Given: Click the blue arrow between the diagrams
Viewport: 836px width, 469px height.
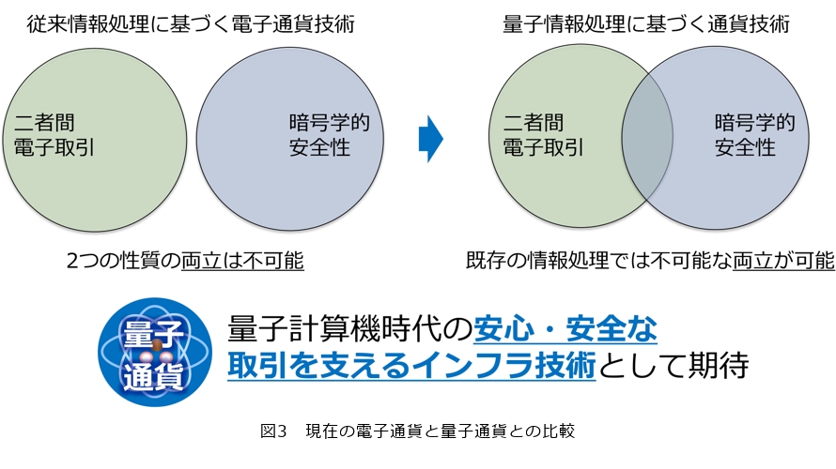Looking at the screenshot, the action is pos(431,139).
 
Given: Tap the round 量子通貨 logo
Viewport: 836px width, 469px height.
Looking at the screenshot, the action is pos(155,352).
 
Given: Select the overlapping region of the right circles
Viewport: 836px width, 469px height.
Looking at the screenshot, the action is pos(647,137).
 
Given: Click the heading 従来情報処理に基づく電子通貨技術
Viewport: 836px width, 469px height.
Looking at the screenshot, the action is pos(191,24).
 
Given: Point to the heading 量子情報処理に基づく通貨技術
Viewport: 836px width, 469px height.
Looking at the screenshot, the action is pos(646,24).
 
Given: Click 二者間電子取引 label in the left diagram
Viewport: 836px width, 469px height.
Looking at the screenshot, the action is pos(54,135).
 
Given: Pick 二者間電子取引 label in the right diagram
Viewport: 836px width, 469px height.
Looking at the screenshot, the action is pos(543,135).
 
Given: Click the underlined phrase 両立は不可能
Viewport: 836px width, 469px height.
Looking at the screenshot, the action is pos(242,261).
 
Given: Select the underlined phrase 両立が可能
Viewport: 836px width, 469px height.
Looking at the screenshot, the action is pos(783,261).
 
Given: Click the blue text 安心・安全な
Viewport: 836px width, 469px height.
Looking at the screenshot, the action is pos(565,328).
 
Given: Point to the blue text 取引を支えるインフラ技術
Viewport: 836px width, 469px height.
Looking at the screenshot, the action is pos(411,365).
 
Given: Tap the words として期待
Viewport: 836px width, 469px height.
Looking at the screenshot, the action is pos(673,365).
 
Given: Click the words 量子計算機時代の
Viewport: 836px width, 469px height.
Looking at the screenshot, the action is pos(350,328).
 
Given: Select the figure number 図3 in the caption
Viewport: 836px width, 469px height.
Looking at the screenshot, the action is pos(273,431).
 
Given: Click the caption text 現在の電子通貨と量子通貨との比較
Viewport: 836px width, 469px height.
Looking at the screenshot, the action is pos(441,431).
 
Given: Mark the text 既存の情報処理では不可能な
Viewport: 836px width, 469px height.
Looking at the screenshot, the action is pos(599,261).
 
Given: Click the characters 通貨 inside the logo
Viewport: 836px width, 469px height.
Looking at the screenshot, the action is pos(154,376).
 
